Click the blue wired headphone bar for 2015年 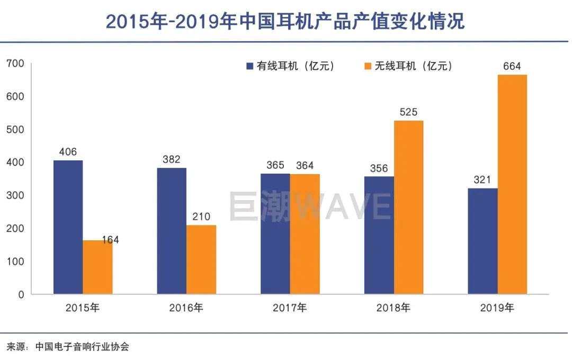point(68,227)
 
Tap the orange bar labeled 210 point(201,259)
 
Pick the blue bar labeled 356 point(379,235)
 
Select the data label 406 point(68,152)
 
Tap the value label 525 point(408,112)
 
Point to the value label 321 point(482,180)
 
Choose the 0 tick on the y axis point(21,294)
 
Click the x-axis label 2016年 point(186,308)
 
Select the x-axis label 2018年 point(394,308)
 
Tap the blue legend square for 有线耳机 point(249,66)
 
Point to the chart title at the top point(285,22)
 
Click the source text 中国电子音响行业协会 point(82,347)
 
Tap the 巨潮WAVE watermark point(310,206)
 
